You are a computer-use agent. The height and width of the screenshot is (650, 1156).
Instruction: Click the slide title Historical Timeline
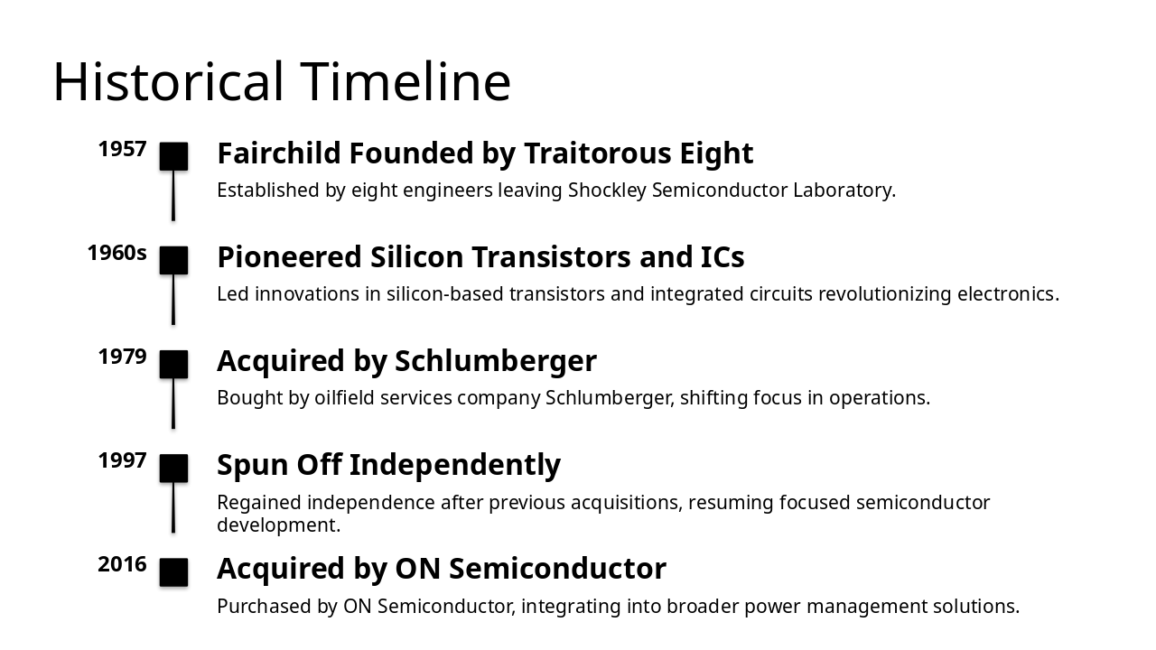tap(282, 81)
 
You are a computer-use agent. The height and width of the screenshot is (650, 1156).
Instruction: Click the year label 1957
tap(122, 149)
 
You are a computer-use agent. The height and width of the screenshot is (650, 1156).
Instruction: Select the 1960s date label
tap(117, 253)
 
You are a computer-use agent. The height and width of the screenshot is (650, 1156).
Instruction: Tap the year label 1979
tap(122, 357)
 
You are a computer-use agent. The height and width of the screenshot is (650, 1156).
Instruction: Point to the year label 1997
tap(122, 460)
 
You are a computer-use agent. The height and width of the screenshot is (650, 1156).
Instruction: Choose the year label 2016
tap(122, 564)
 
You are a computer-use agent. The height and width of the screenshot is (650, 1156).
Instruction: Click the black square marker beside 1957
tap(173, 156)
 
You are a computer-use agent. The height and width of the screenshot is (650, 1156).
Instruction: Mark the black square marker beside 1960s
tap(173, 260)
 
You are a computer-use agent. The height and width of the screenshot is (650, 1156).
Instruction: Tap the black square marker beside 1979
tap(173, 364)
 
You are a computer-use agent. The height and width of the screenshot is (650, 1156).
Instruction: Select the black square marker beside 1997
tap(173, 468)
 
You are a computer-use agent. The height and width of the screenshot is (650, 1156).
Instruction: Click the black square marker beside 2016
tap(173, 572)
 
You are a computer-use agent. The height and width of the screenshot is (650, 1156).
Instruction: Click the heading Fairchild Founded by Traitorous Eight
tap(485, 153)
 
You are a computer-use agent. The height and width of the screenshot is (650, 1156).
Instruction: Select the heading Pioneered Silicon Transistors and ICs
tap(480, 257)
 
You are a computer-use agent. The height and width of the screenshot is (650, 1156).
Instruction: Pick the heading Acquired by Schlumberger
tap(406, 361)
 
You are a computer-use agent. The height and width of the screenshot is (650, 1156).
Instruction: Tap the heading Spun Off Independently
tap(388, 465)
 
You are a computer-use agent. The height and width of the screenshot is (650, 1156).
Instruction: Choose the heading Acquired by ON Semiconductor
tap(442, 569)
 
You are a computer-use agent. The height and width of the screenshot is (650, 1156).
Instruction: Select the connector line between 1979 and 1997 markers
tap(173, 404)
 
